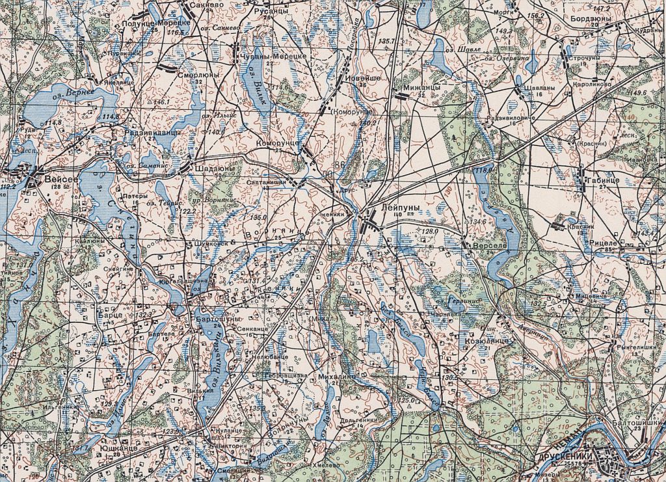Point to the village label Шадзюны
click(x=211, y=168)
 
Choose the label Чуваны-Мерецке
click(x=274, y=57)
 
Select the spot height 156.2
click(x=536, y=15)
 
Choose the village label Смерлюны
click(x=198, y=75)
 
